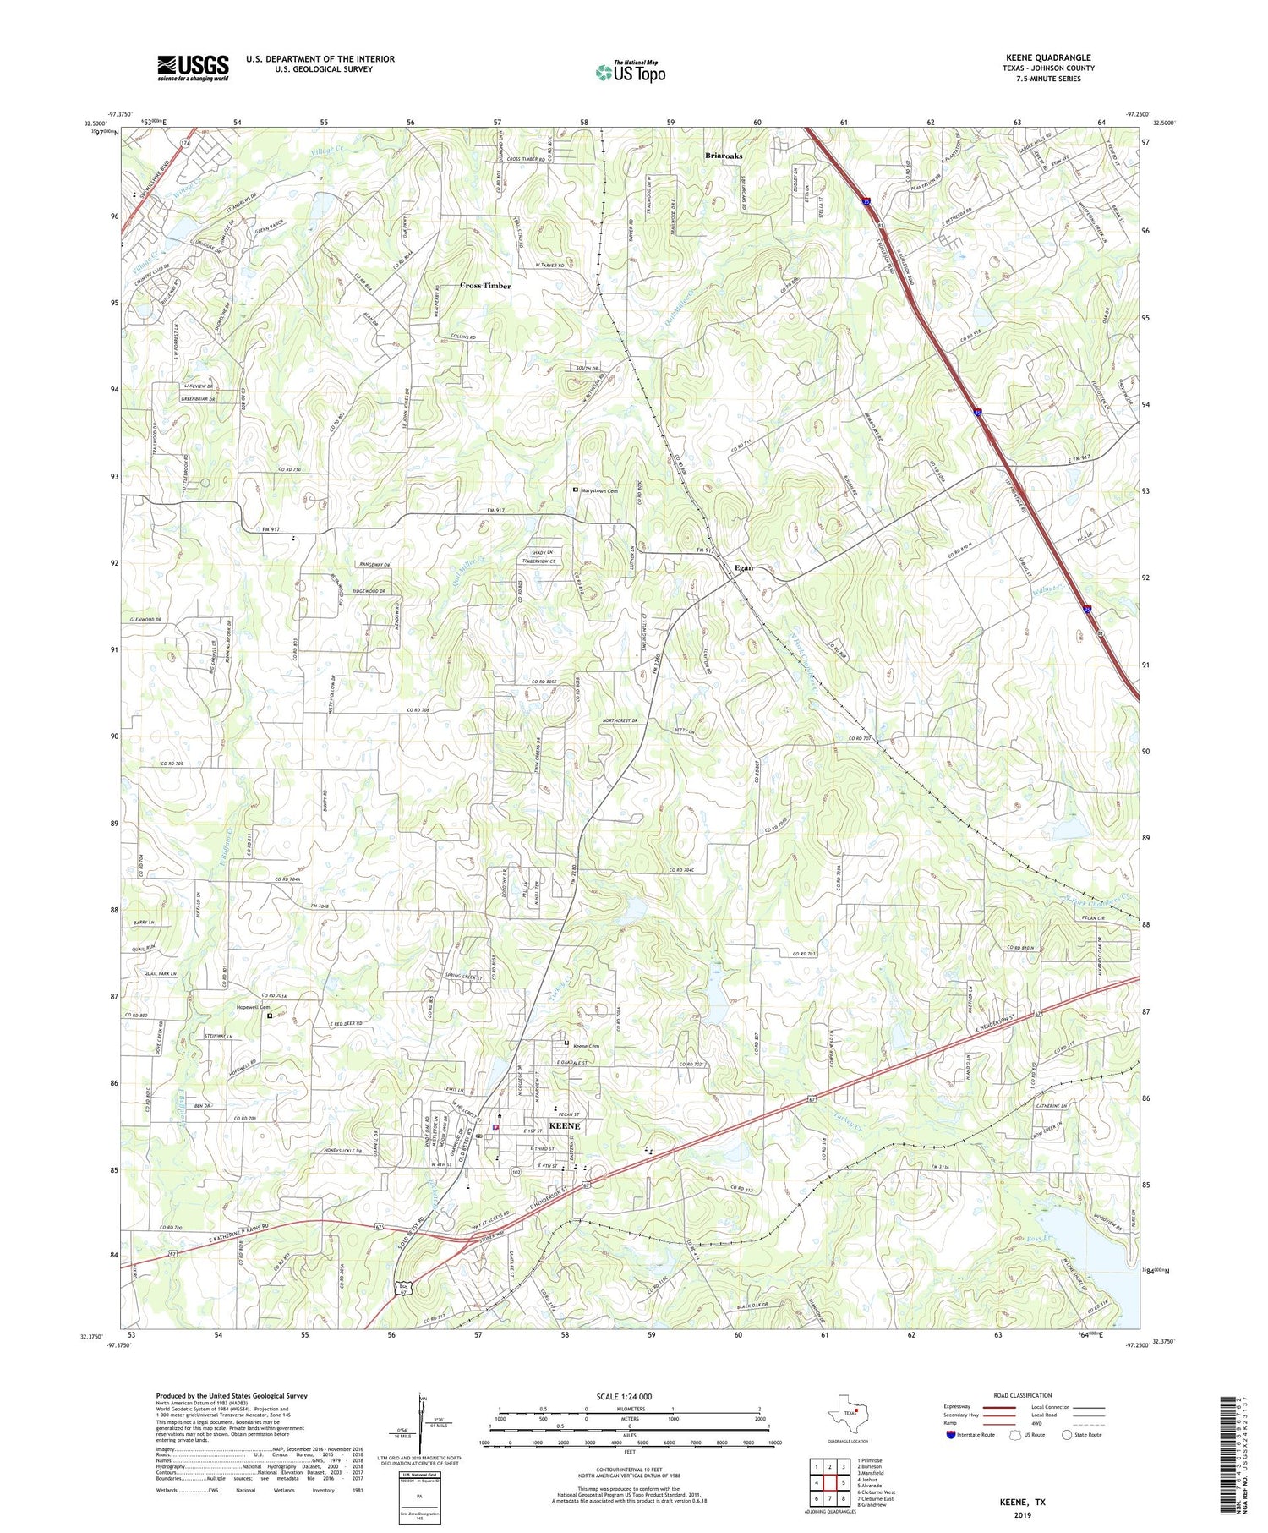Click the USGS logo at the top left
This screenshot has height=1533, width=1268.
193,68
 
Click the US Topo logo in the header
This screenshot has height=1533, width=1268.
630,73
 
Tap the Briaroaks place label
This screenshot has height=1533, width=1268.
724,156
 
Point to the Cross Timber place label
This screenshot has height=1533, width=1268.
485,286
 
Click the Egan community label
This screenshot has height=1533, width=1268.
743,567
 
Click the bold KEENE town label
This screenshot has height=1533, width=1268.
565,1126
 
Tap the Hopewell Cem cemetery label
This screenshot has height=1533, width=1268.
253,1007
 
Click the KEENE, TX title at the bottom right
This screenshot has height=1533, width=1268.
1022,1503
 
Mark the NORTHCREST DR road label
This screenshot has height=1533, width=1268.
631,720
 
